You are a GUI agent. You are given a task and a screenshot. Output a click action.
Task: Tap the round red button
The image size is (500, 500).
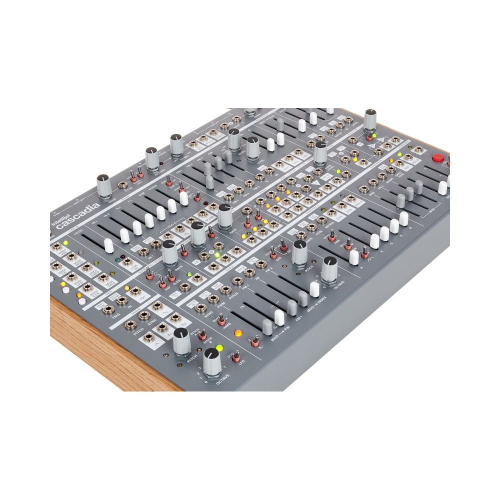click(438, 158)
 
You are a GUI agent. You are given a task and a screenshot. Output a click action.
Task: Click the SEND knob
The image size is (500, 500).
click(103, 186)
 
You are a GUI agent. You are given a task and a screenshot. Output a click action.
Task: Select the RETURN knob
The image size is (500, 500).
click(152, 158)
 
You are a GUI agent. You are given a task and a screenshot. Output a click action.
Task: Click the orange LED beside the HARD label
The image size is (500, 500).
click(238, 333)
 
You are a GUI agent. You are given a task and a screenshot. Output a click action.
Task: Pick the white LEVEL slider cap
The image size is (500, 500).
click(108, 245)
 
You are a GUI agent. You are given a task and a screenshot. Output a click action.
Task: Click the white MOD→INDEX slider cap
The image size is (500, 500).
click(314, 288)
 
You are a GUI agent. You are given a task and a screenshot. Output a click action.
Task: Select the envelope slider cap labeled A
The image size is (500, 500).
click(374, 241)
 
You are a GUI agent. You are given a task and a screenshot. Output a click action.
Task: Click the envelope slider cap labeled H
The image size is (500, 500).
click(354, 256)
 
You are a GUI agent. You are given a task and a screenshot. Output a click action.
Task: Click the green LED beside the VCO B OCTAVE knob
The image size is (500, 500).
click(218, 349)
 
